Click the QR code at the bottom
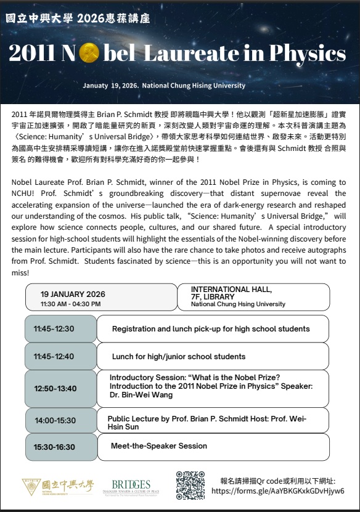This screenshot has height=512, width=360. pos(190,485)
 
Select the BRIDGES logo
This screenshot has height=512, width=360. pos(131,485)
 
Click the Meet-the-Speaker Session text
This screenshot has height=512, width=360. pos(159,446)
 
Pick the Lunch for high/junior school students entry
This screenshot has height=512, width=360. pos(179,356)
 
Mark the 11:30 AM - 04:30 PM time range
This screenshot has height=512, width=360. pos(70,304)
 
